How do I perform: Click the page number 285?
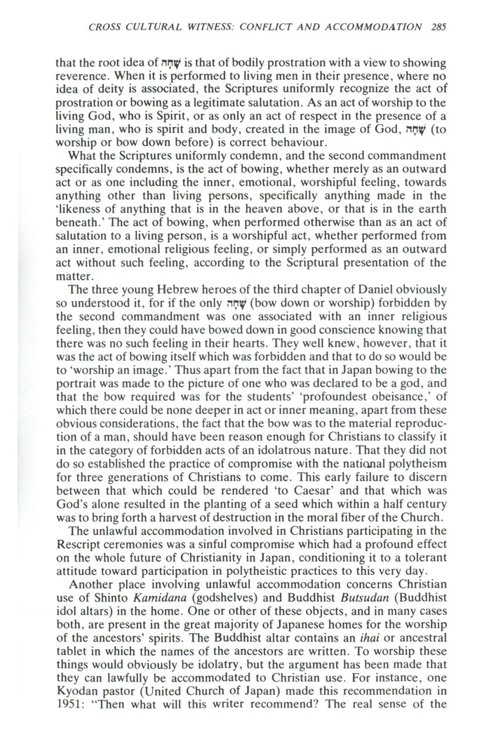click(x=436, y=27)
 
